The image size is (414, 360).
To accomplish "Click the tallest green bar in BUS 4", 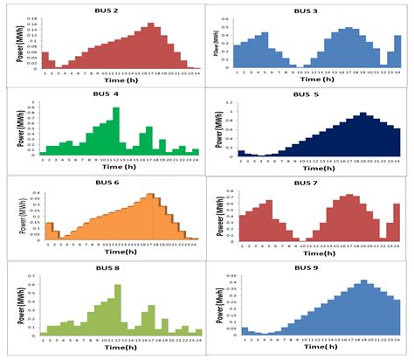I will click(115, 131).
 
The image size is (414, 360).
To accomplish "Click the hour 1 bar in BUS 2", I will click(45, 59).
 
